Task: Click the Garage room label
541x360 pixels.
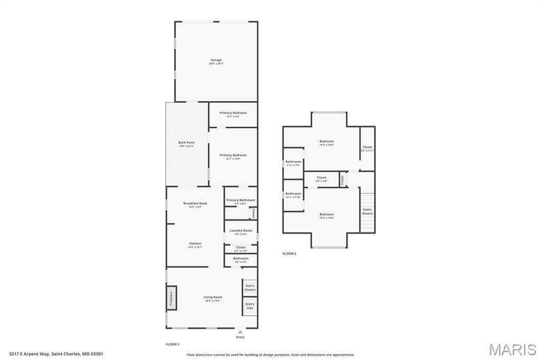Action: [216, 60]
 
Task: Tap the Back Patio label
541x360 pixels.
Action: [186, 143]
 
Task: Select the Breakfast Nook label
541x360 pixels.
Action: [195, 203]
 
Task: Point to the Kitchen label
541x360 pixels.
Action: [195, 244]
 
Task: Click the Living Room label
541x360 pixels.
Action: [212, 297]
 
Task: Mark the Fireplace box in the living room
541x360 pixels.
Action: [171, 298]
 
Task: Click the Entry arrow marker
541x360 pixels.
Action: [240, 332]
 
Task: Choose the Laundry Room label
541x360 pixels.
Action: [240, 231]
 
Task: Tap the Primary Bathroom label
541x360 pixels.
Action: [240, 200]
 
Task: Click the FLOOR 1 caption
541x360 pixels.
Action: [173, 344]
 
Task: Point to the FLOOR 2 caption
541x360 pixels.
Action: [289, 253]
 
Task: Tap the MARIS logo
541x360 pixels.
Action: [512, 349]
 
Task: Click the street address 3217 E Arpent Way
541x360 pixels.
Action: [55, 354]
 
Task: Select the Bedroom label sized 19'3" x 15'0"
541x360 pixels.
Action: [327, 214]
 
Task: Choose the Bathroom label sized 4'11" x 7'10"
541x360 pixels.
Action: [293, 194]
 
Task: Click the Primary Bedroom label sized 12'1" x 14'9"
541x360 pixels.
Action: [233, 155]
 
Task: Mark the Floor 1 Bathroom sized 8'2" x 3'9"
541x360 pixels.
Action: [241, 259]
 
